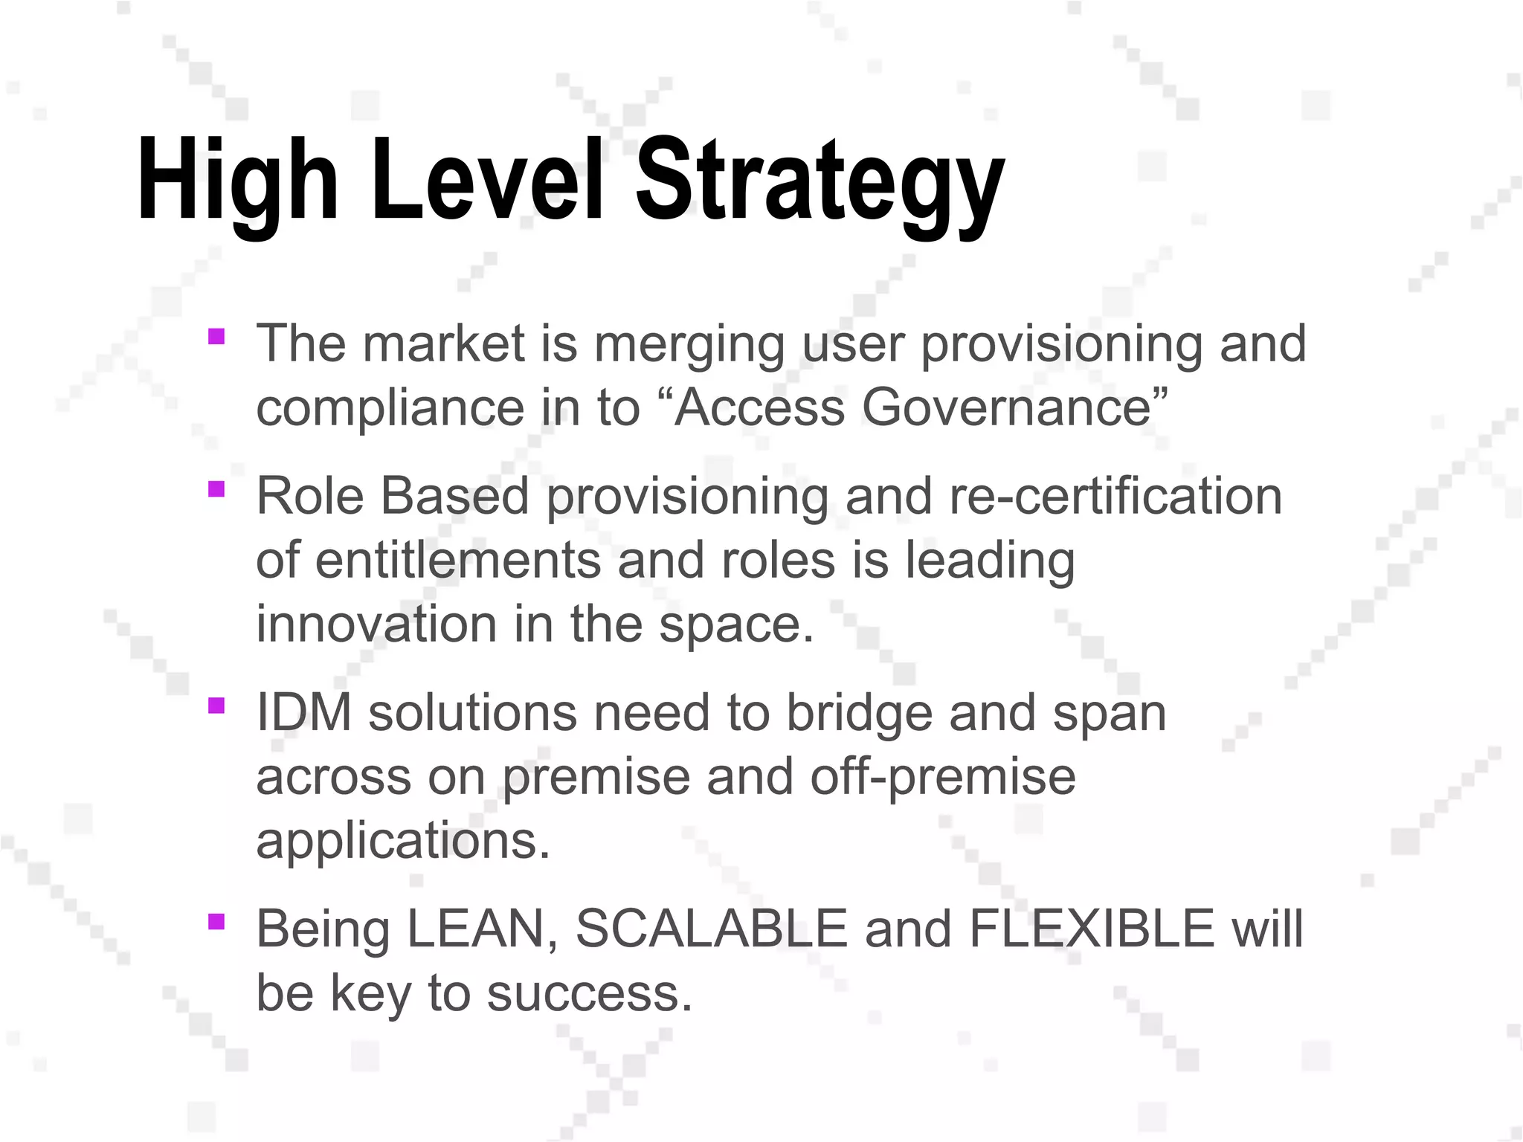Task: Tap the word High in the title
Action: tap(237, 182)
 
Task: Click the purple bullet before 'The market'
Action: tap(216, 337)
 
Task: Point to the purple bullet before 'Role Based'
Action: tap(216, 489)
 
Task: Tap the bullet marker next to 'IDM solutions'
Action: tap(216, 705)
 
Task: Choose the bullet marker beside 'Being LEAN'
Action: tap(216, 922)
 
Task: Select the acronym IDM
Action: tap(303, 712)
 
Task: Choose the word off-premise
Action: tap(942, 778)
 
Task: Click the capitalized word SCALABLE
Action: tap(712, 929)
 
